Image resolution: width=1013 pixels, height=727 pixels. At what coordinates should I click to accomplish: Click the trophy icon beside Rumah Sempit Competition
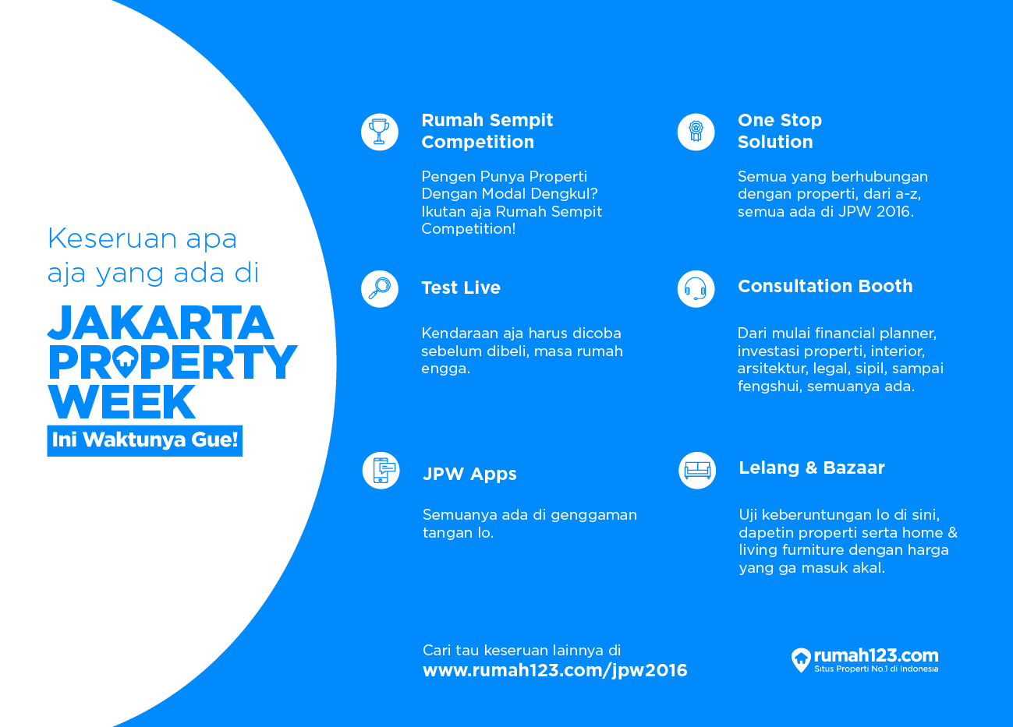pos(380,132)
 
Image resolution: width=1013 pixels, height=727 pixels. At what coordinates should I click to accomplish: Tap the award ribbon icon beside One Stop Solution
pos(696,132)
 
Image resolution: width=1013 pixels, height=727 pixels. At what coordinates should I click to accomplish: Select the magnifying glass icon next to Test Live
pos(380,289)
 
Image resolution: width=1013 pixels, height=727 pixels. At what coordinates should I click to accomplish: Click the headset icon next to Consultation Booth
pos(696,289)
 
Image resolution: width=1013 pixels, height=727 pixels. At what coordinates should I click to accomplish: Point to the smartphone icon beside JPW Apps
pos(381,471)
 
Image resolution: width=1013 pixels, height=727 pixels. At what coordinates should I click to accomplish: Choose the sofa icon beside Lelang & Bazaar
pos(697,471)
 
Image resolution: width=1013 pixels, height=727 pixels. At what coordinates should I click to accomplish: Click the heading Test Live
pos(461,288)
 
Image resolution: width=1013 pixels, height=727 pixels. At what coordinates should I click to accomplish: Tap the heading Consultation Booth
pos(825,286)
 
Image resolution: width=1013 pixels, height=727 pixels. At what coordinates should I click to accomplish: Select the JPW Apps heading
pos(469,474)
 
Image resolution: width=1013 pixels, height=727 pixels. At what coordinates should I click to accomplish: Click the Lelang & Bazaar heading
pos(811,468)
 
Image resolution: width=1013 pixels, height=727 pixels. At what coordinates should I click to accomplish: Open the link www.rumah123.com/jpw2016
pos(555,670)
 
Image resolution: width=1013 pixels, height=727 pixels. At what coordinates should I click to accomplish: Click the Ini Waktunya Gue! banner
pos(145,440)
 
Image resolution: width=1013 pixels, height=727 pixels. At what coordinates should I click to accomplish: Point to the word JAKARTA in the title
pos(161,323)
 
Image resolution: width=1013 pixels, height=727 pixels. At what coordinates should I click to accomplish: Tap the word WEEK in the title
pos(122,401)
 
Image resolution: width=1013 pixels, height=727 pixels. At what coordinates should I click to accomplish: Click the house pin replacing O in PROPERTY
pos(126,362)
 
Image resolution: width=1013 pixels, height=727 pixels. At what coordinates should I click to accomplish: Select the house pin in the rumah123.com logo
pos(801,660)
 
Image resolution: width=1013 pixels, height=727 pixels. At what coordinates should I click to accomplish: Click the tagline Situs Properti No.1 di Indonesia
pos(876,669)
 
